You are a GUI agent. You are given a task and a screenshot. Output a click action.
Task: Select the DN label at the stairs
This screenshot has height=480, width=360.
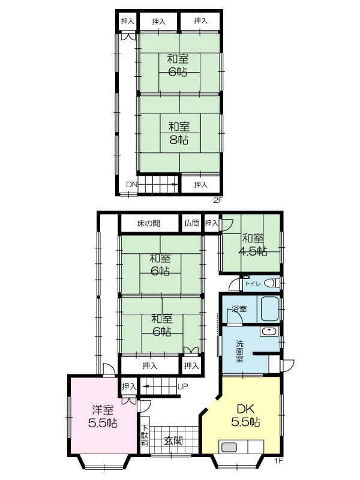click(131, 185)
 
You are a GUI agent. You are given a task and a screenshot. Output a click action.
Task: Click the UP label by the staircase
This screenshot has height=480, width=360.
click(182, 386)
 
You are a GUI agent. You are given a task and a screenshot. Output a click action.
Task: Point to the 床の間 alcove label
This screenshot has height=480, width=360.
click(148, 223)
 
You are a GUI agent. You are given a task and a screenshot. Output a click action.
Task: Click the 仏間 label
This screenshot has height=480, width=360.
click(192, 223)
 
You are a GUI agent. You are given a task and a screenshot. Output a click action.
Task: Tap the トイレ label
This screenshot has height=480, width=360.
click(253, 284)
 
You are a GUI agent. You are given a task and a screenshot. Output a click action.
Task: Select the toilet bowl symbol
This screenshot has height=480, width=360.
click(271, 283)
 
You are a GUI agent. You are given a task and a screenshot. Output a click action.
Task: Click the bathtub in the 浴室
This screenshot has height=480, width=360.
click(269, 308)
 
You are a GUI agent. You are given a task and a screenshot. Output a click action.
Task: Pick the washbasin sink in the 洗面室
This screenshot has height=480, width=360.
click(269, 332)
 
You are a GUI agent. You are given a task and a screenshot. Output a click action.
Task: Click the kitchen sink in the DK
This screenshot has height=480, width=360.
click(229, 447)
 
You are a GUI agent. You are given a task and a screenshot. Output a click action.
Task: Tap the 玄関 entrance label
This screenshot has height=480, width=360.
click(173, 441)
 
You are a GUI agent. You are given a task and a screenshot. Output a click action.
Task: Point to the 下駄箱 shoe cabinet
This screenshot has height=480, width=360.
click(145, 436)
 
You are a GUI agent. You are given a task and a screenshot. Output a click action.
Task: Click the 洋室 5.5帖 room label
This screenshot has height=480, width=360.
click(103, 416)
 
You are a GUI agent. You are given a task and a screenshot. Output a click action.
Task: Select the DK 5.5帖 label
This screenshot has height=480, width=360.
click(246, 415)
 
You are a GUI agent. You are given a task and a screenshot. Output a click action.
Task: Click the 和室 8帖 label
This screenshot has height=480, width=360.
click(179, 133)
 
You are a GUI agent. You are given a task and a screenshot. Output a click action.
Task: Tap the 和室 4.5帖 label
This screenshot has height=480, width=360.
click(253, 245)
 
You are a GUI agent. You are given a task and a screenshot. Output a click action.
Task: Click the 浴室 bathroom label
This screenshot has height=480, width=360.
click(239, 308)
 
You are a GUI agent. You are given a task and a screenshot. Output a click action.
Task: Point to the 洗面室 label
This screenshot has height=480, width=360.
click(239, 351)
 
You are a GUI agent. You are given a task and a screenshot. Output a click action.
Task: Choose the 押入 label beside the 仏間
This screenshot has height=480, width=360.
click(211, 223)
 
